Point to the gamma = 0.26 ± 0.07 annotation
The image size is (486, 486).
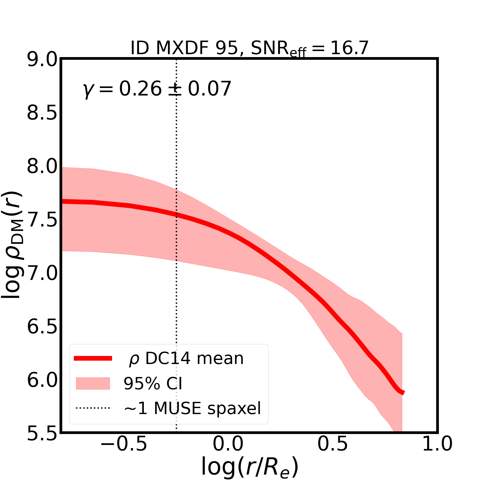point(157,89)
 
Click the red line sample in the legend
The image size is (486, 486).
point(93,359)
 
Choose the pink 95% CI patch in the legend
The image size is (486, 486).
point(93,383)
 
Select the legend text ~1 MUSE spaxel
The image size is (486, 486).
point(192,408)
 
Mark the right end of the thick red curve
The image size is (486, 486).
point(403,393)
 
